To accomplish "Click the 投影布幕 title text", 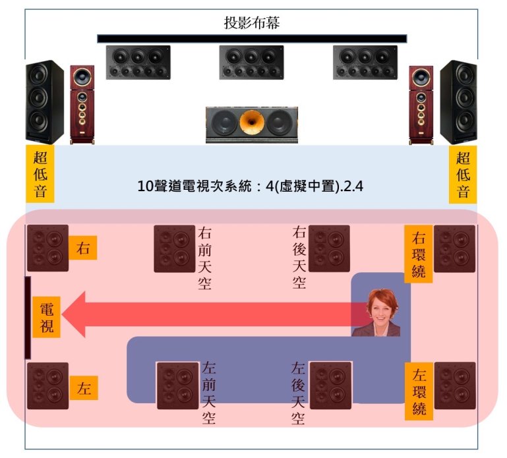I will [253, 24].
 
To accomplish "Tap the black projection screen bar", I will [252, 38].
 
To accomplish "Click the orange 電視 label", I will [47, 317].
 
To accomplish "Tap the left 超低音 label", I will [39, 174].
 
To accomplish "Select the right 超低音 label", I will [463, 174].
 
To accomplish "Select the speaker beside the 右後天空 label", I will [329, 248].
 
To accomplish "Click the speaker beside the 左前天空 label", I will [177, 386].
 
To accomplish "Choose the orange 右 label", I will [83, 249].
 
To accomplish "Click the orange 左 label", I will [83, 387].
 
